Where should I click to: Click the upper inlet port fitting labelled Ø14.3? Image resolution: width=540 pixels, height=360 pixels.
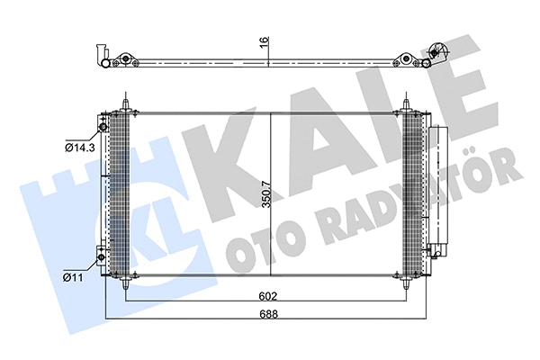point(103,127)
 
